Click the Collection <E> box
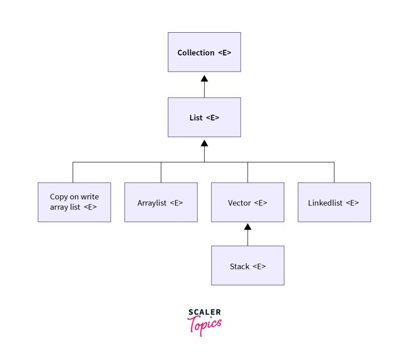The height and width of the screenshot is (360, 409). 204,52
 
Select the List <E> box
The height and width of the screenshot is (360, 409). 204,117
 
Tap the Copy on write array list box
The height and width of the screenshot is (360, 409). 74,202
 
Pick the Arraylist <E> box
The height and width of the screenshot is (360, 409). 161,202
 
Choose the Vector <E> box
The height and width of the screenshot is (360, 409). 248,202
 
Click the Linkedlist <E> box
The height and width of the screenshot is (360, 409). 334,202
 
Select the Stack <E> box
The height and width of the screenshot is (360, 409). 248,266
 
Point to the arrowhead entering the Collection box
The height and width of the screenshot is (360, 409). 204,78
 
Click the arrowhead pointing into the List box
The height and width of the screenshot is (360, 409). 204,143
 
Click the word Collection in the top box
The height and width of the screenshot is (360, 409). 196,52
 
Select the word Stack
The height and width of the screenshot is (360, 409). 240,266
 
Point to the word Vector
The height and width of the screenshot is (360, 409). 239,203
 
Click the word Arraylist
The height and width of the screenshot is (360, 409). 152,203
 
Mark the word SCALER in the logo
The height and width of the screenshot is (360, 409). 205,312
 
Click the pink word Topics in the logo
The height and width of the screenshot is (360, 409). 205,325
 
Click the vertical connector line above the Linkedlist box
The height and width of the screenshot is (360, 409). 334,173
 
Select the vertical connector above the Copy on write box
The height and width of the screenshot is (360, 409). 73,173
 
